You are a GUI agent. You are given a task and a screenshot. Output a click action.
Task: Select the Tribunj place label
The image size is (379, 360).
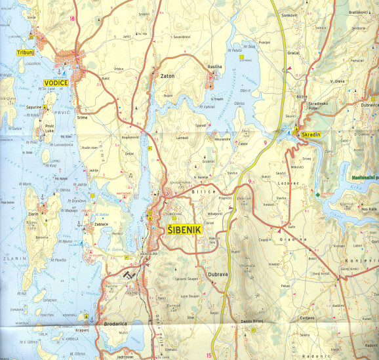click(x=24, y=50)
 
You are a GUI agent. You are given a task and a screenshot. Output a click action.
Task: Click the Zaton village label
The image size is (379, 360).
click(x=167, y=77)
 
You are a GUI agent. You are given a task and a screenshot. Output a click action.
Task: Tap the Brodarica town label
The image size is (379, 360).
click(x=101, y=323)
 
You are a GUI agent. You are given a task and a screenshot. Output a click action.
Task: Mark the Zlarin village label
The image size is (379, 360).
click(x=35, y=214)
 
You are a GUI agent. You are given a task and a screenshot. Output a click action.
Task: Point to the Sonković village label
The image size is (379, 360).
click(x=289, y=14)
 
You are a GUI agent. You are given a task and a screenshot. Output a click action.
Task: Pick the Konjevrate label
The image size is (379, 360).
click(x=368, y=260)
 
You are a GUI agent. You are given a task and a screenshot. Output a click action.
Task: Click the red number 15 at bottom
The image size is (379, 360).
click(x=209, y=355)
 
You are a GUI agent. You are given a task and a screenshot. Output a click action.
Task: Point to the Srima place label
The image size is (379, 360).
click(x=82, y=116)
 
